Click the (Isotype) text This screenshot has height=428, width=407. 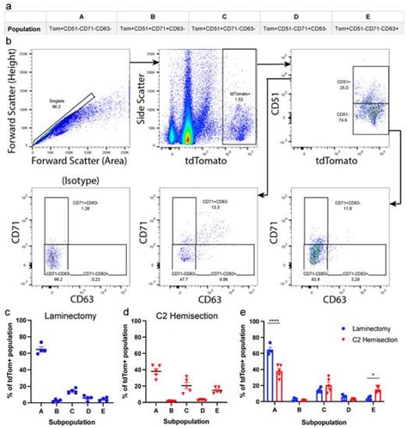78,181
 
